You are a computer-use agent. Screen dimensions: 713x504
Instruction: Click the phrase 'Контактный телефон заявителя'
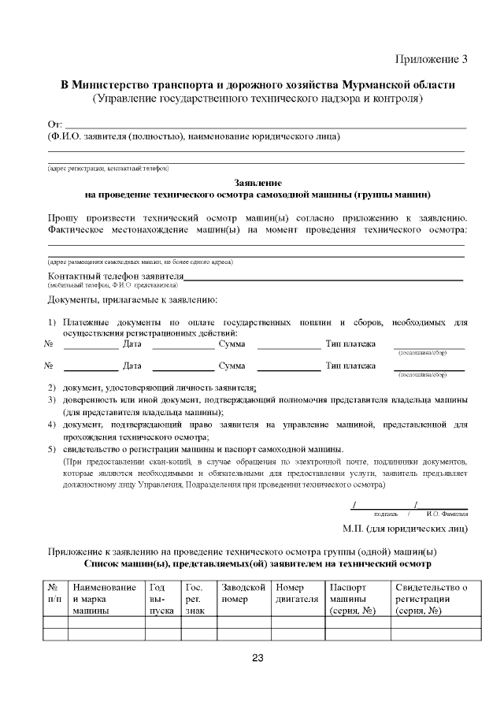116,277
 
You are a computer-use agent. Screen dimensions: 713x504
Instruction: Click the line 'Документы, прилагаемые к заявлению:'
132,300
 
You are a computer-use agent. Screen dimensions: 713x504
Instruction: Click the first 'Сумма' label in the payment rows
232,344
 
